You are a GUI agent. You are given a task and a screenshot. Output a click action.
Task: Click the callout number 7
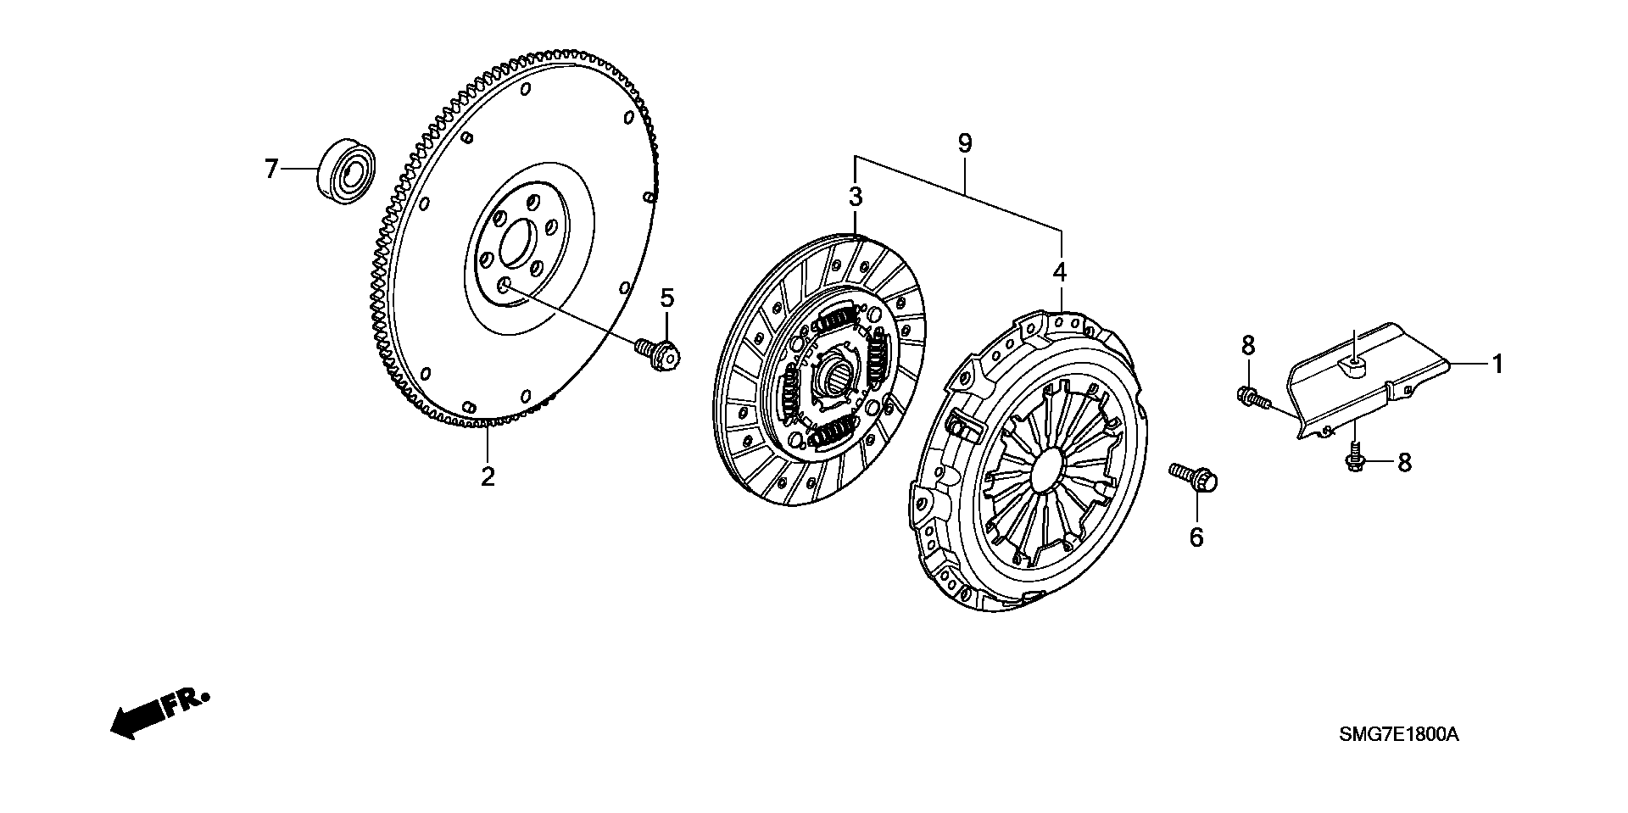pos(271,170)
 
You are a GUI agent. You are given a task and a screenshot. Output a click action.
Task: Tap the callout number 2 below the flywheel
pos(488,476)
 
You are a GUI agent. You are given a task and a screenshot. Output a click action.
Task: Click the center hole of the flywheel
pos(516,244)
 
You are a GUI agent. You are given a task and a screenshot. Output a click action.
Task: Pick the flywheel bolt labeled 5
pos(659,353)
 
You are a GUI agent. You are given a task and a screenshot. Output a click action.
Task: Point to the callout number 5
pos(667,298)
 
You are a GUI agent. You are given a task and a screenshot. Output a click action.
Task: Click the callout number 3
pos(856,198)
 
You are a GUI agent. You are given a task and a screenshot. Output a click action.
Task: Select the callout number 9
pos(964,144)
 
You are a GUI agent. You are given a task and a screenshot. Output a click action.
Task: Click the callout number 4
pos(1060,272)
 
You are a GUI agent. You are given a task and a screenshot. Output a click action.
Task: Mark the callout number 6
pos(1196,537)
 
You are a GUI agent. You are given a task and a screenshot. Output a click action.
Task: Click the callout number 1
pos(1498,365)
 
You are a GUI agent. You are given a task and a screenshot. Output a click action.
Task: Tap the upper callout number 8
pos(1248,345)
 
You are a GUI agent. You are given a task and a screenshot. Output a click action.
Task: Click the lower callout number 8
pos(1404,462)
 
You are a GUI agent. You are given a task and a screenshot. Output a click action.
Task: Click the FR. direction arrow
pos(157,710)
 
